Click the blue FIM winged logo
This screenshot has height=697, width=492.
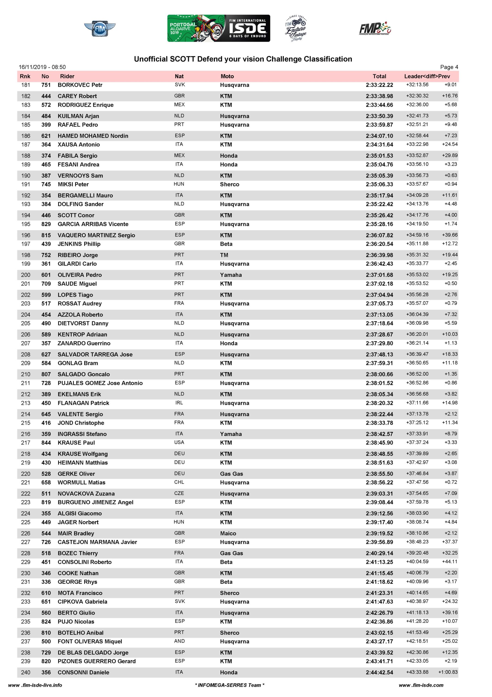point(100,29)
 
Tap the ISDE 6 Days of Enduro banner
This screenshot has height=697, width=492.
point(218,28)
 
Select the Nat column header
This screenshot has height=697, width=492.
point(179,76)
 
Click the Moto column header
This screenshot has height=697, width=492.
point(227,76)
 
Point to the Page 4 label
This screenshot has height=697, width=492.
point(449,67)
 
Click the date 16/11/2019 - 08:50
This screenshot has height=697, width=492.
point(42,67)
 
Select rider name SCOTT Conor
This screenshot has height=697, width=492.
point(76,215)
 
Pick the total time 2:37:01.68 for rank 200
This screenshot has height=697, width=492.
point(379,275)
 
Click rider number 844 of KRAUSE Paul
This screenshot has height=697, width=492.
point(46,443)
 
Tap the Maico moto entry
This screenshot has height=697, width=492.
point(228,533)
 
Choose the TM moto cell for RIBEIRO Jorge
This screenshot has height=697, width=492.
point(224,255)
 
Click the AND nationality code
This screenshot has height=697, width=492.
point(179,641)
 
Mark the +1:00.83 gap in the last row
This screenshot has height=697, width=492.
point(448,672)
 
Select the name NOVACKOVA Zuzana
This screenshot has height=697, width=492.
point(86,493)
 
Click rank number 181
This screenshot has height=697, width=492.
point(26,85)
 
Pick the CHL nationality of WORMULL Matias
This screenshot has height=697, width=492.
point(179,482)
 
